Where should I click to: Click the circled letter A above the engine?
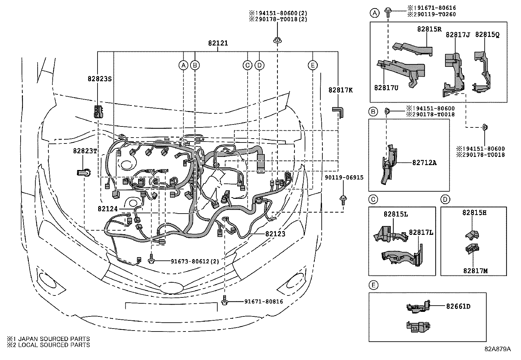(184, 65)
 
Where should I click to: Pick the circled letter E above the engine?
(313, 65)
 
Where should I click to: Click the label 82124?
(107, 208)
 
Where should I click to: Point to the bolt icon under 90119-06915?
(343, 199)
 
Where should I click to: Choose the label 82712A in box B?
(424, 163)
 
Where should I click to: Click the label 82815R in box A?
(429, 29)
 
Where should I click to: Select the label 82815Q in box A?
(487, 34)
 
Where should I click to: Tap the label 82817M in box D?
(475, 271)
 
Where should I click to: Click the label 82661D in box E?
(458, 306)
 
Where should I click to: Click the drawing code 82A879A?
(497, 349)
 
